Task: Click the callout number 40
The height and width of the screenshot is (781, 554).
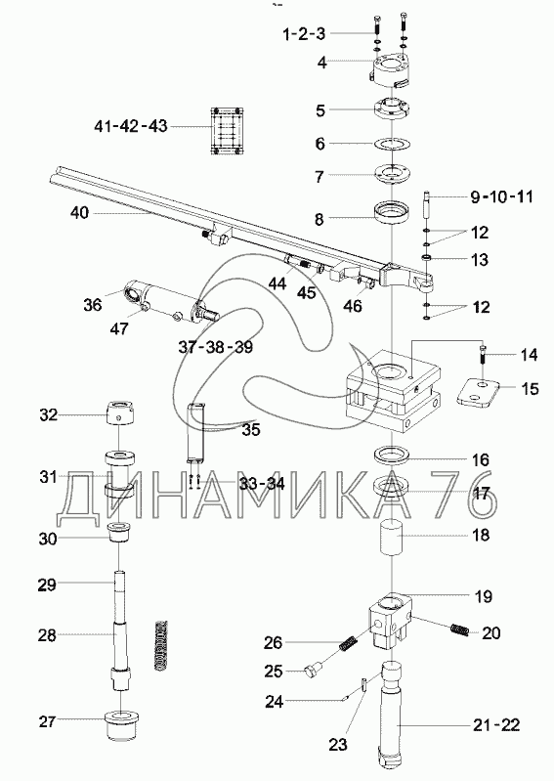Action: point(79,213)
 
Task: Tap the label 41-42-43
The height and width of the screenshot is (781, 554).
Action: point(131,126)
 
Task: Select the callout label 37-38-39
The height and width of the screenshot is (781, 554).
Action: point(216,347)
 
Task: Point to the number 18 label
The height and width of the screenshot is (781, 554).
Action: point(481,535)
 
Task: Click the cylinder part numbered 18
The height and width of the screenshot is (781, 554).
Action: point(393,537)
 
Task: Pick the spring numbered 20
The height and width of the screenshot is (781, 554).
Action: point(459,629)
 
